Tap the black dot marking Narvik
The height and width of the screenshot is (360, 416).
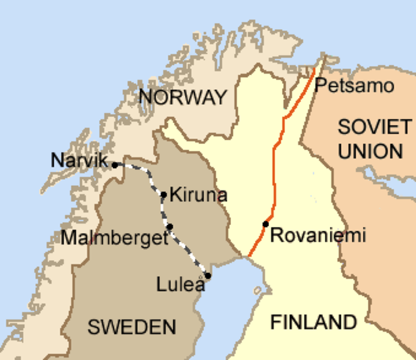(115, 164)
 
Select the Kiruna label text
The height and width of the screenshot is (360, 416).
(198, 195)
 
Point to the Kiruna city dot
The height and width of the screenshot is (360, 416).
(164, 195)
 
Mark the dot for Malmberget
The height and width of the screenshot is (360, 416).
(170, 226)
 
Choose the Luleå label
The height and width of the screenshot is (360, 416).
(180, 284)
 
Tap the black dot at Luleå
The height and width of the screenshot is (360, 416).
(208, 275)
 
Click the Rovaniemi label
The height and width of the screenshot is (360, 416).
(318, 235)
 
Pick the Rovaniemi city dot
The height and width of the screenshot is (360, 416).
(265, 224)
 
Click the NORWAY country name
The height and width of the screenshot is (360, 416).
(182, 97)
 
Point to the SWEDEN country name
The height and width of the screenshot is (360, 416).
(132, 326)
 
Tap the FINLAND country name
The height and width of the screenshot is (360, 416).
(313, 322)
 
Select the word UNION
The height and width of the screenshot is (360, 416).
(370, 151)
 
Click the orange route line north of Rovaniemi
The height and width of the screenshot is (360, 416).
(274, 165)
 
